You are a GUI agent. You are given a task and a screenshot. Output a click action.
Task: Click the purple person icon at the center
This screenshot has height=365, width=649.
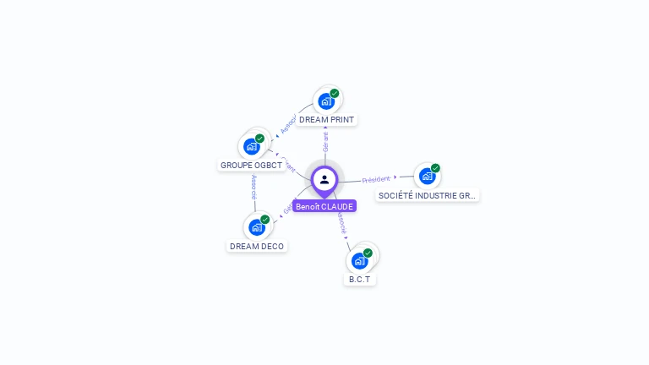[324, 179]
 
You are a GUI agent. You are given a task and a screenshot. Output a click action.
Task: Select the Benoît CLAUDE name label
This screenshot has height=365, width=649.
[324, 206]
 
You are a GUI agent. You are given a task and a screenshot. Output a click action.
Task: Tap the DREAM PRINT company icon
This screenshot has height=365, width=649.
[326, 101]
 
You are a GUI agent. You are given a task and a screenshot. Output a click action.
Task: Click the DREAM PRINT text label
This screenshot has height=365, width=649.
[326, 120]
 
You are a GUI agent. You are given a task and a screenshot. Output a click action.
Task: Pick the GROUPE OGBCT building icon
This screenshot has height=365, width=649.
[251, 146]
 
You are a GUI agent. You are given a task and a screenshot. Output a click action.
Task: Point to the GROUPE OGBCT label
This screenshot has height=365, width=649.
[251, 165]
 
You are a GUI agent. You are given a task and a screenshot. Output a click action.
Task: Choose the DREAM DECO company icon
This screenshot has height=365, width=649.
[256, 227]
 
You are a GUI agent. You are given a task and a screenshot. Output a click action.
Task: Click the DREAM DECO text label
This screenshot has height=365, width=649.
[257, 246]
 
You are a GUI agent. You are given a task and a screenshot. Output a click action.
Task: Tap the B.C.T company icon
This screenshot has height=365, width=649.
[359, 260]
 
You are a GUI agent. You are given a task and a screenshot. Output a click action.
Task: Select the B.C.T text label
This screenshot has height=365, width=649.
[360, 279]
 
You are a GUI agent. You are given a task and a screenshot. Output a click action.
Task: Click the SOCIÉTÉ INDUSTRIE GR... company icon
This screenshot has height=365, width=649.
[427, 176]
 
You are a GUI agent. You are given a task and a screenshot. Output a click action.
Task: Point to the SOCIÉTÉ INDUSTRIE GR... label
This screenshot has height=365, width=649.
[427, 195]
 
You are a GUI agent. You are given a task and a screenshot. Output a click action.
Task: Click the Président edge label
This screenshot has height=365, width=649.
[376, 179]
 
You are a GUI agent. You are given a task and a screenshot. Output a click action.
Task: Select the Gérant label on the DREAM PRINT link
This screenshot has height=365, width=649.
[325, 141]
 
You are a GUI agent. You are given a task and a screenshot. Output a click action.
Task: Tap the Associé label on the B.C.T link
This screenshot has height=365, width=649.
[340, 222]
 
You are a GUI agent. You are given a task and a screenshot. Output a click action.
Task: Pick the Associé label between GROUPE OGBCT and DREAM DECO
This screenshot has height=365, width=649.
[254, 188]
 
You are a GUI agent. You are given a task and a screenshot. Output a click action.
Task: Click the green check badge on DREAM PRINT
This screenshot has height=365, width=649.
[335, 93]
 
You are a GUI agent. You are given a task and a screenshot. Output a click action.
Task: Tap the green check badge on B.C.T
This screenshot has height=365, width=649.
[368, 253]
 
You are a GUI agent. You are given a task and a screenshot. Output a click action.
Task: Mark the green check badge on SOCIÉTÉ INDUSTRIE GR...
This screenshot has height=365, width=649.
[435, 168]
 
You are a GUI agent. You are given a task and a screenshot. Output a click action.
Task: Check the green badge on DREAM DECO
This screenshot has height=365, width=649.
[265, 220]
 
